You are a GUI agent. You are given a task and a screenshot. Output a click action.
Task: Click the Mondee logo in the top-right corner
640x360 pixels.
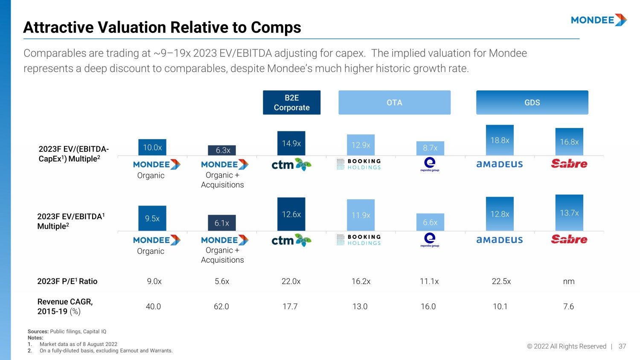click(x=599, y=20)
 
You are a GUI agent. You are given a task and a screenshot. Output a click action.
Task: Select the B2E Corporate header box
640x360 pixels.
click(x=291, y=102)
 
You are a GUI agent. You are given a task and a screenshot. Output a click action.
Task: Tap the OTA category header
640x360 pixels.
click(x=394, y=102)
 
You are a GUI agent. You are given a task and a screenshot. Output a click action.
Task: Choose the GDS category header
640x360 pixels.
click(x=532, y=102)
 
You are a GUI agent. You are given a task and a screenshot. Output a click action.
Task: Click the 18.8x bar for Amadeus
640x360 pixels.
click(x=500, y=140)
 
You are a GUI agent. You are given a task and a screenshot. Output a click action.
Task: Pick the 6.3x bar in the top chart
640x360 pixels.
click(x=222, y=150)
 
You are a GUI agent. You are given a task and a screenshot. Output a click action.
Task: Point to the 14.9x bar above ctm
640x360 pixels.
click(x=291, y=143)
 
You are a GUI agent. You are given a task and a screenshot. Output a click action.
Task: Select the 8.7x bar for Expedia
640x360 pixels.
click(x=430, y=148)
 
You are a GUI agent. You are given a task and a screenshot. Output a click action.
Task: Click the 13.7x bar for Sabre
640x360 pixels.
click(x=569, y=213)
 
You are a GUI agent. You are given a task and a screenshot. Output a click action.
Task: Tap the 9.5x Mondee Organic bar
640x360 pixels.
click(x=152, y=218)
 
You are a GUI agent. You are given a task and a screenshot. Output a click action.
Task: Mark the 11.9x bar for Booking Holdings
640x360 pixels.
click(x=361, y=215)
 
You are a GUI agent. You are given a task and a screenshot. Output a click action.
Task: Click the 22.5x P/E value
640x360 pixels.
click(x=501, y=282)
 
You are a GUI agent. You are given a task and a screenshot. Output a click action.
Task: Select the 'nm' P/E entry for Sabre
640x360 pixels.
click(x=569, y=282)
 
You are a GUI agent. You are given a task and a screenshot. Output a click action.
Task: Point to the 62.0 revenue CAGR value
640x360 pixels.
click(x=221, y=307)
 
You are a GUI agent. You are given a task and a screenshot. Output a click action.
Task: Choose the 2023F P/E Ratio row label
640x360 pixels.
click(x=67, y=282)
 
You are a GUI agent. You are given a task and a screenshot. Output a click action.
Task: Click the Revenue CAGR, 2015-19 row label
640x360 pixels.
click(x=65, y=307)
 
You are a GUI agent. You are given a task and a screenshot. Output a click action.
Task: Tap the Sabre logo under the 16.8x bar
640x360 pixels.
click(x=569, y=164)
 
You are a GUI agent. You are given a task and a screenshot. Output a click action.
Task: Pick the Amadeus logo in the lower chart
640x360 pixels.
click(x=500, y=240)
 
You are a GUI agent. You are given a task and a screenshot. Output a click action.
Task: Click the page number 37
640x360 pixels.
click(x=623, y=346)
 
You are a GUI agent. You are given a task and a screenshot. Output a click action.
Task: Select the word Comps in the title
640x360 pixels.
click(x=276, y=28)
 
